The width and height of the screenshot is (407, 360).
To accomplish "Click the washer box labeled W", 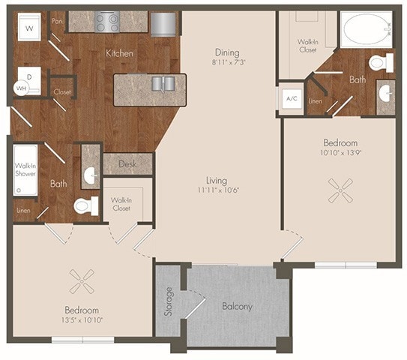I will click(29, 28).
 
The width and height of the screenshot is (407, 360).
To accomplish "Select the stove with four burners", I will click(107, 23).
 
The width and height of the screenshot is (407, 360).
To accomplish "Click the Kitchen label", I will click(119, 53).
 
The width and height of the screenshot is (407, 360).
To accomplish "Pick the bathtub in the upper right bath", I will click(367, 28).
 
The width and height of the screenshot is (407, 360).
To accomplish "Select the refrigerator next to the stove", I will click(163, 23).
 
